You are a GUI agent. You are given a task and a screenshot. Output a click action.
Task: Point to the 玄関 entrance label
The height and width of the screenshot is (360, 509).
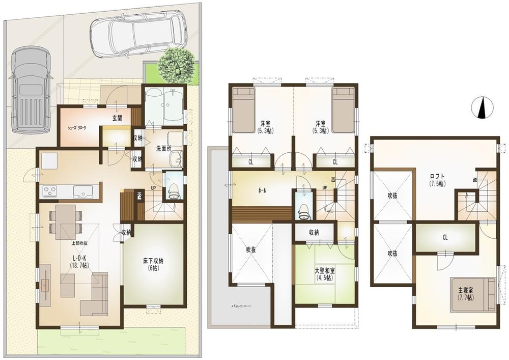(x=117, y=118)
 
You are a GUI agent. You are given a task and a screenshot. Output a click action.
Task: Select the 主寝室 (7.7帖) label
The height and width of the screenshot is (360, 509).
(x=466, y=293)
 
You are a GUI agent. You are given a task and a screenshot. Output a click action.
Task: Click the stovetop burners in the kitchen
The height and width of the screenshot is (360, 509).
(x=51, y=191)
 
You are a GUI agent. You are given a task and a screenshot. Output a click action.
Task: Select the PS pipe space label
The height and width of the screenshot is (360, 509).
(x=138, y=194)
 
